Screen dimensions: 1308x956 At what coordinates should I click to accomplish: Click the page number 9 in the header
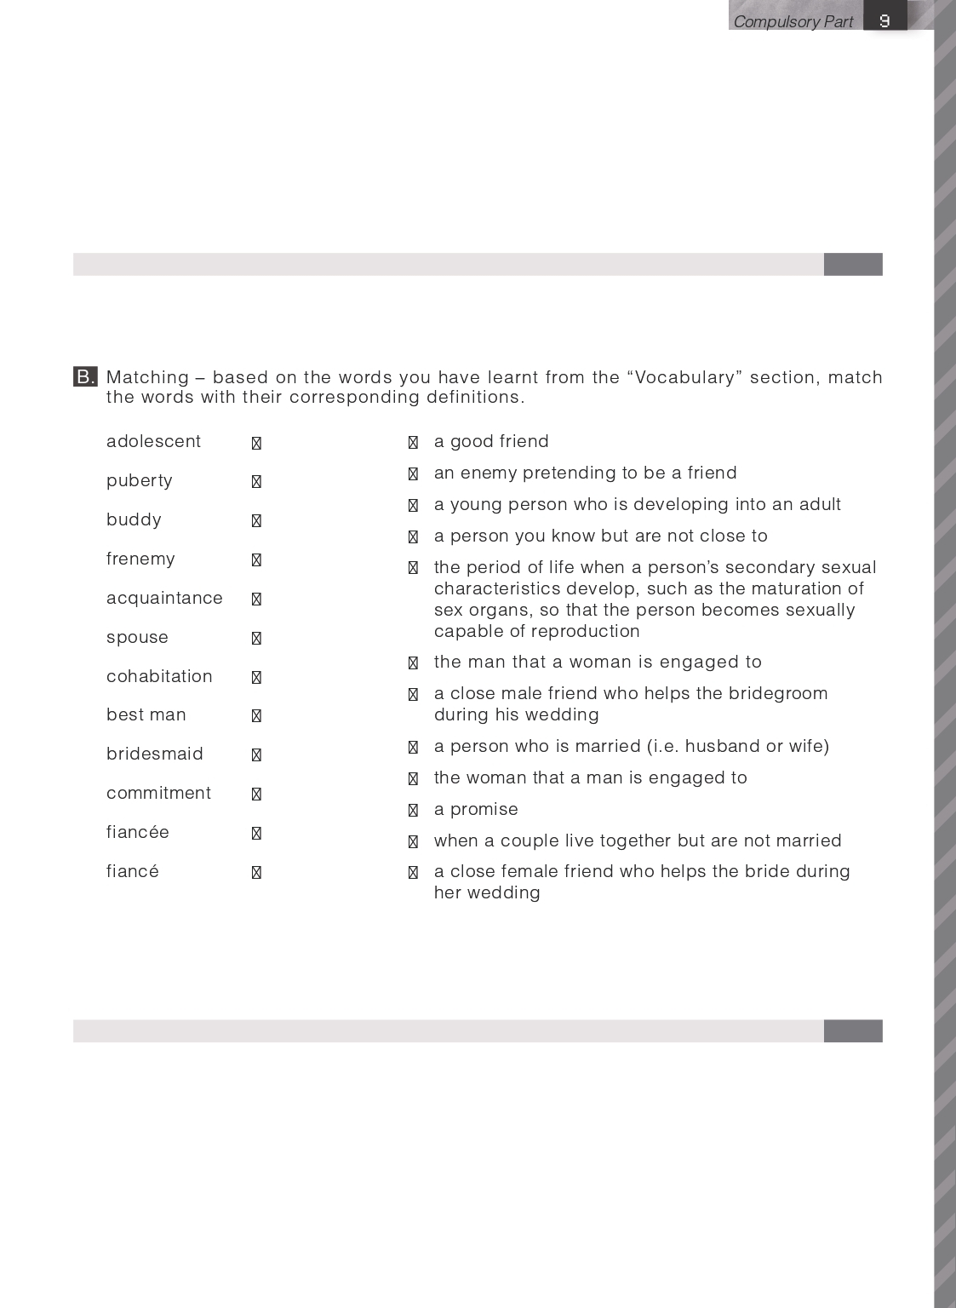(x=884, y=20)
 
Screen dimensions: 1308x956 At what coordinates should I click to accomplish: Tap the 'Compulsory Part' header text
(x=793, y=21)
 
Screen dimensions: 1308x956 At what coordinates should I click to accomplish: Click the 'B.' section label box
(x=85, y=376)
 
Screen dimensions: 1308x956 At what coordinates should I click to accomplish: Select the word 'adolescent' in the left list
(x=153, y=441)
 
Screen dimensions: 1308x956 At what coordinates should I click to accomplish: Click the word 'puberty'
(x=139, y=480)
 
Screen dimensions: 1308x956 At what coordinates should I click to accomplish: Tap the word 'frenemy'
(x=140, y=559)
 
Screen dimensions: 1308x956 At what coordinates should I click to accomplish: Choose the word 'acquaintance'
(x=164, y=598)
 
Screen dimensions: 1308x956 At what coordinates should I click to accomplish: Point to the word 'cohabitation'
(x=159, y=676)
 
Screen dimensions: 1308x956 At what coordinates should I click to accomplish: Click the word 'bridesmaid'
(x=155, y=754)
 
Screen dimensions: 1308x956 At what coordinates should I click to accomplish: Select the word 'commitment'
(x=158, y=793)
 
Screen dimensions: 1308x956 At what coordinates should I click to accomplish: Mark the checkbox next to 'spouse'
(x=256, y=638)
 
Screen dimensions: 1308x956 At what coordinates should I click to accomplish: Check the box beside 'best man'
(x=256, y=716)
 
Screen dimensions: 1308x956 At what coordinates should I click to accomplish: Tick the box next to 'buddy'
(x=256, y=520)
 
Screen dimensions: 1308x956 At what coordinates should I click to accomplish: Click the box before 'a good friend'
(x=413, y=442)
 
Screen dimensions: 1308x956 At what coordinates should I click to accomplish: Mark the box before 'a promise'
(x=413, y=810)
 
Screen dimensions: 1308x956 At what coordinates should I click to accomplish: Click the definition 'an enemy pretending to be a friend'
(x=585, y=473)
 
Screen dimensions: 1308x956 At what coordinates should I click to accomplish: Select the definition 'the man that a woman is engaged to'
(x=598, y=662)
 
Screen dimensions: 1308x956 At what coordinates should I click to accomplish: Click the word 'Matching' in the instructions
(x=147, y=377)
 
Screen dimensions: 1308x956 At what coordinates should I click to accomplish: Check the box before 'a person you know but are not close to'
(x=413, y=536)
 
